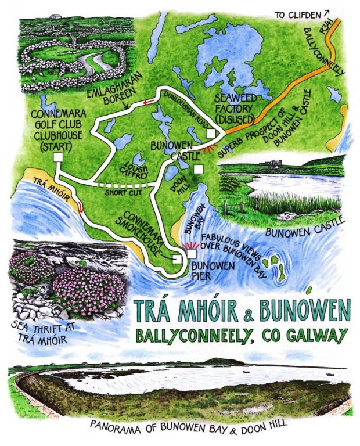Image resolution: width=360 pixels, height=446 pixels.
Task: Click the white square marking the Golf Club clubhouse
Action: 57,158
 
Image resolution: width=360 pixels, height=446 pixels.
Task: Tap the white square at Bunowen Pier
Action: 191,254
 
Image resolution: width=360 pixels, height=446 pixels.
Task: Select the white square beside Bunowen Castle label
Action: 199,169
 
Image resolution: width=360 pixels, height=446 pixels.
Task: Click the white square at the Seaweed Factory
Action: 210,134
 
